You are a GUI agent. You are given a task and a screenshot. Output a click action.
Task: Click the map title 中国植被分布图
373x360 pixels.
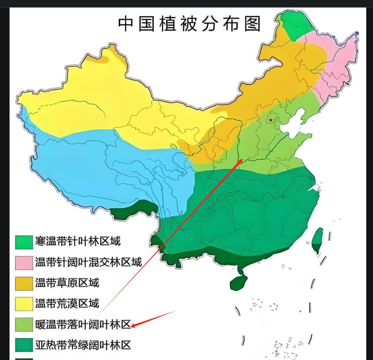[x=189, y=24]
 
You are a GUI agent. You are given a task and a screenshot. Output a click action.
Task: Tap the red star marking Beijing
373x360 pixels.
[x=271, y=119]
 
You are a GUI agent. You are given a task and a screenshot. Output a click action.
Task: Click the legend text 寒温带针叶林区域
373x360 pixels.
[x=77, y=241]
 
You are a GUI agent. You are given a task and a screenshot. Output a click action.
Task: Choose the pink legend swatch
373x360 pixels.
[x=24, y=263]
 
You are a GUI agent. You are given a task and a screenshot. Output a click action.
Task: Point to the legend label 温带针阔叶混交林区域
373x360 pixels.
[x=88, y=262]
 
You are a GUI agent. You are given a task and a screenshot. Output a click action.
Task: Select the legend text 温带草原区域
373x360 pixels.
[x=67, y=283]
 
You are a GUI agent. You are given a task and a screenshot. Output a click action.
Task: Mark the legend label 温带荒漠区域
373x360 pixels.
[x=67, y=304]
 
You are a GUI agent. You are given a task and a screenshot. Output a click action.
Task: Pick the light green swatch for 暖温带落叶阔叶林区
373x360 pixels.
[x=24, y=325]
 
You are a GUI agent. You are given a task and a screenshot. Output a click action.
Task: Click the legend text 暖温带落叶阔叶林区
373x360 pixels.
[x=83, y=325]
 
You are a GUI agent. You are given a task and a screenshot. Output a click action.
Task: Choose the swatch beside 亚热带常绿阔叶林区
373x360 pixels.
[x=24, y=346]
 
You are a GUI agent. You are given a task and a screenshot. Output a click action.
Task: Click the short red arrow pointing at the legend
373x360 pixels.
[x=153, y=319]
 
